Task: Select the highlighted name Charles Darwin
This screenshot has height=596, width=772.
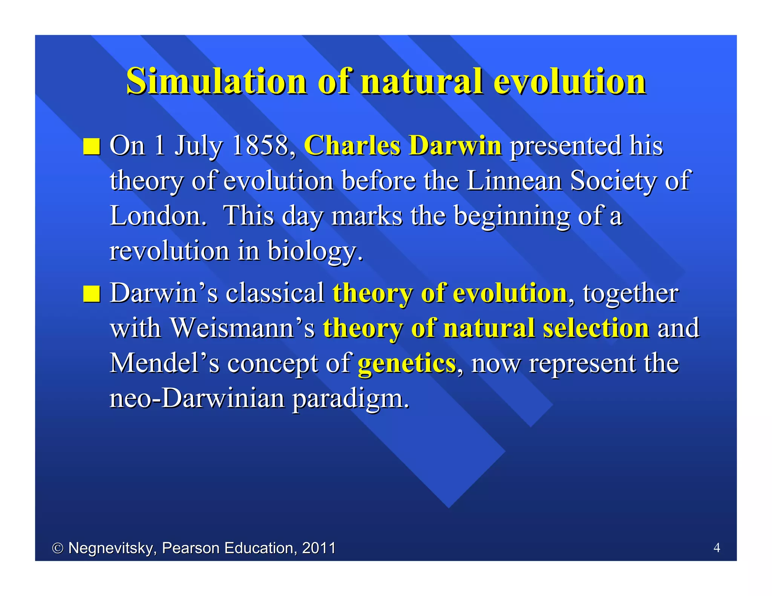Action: pyautogui.click(x=403, y=145)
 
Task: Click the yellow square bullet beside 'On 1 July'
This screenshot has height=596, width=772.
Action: pyautogui.click(x=92, y=147)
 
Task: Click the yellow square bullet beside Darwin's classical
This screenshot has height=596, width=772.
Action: pyautogui.click(x=92, y=294)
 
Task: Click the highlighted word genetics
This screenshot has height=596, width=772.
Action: pyautogui.click(x=407, y=364)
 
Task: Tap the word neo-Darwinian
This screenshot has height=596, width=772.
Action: pyautogui.click(x=197, y=398)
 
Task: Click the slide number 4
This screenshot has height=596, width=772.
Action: pyautogui.click(x=717, y=547)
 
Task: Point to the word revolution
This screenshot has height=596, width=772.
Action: pyautogui.click(x=169, y=251)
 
